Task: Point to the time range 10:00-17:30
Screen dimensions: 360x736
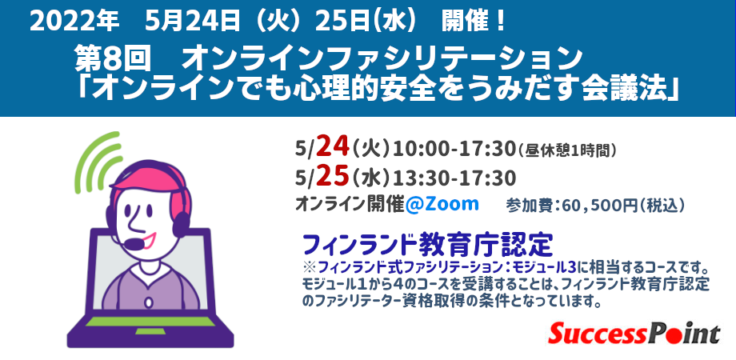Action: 452,148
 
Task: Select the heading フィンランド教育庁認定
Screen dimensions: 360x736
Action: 428,241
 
